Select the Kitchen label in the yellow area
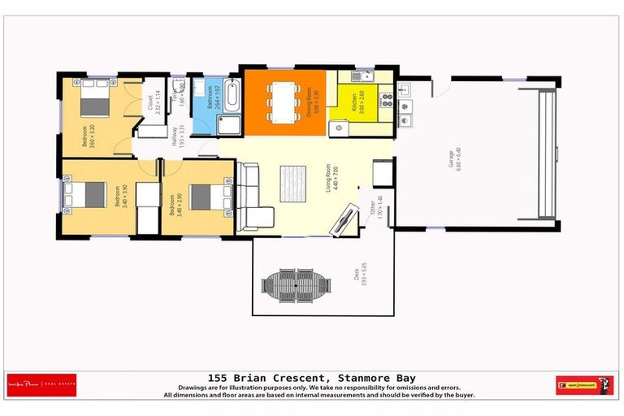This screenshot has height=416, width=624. [x=355, y=101]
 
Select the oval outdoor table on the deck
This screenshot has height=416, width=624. [x=297, y=284]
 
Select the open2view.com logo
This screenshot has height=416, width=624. [x=584, y=385]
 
